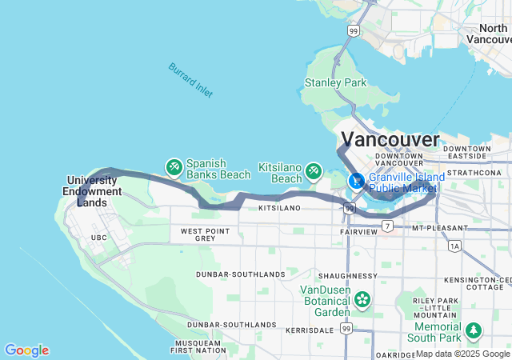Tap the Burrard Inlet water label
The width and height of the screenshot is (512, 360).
point(190,80)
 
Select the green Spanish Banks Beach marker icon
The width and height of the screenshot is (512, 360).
point(174,167)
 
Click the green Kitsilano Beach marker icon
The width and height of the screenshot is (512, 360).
point(314,170)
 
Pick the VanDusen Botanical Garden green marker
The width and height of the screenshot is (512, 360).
point(363,299)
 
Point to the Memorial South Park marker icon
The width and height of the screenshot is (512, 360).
point(474,330)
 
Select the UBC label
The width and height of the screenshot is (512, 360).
point(98,238)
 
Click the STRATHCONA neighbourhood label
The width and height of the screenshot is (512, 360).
point(474,172)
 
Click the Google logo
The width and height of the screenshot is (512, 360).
point(26,350)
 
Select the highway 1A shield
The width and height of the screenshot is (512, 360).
point(454,246)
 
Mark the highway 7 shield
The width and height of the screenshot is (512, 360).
point(387,227)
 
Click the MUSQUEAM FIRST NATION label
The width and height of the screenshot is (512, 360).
point(199,346)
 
